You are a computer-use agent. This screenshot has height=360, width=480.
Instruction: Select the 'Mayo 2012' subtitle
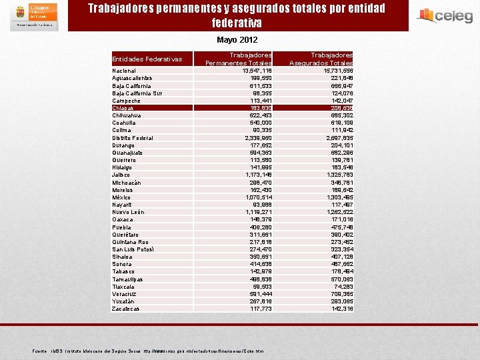[237, 40]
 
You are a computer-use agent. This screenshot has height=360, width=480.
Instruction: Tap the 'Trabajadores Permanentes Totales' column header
[238, 59]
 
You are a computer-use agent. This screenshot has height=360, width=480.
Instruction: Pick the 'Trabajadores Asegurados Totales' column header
[321, 59]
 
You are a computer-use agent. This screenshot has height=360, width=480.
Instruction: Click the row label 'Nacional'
[124, 71]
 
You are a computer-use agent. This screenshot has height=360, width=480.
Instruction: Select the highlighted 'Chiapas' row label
[123, 108]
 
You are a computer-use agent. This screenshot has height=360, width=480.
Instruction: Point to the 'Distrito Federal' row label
[133, 138]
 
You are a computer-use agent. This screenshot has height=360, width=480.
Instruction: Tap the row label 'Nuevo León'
[128, 212]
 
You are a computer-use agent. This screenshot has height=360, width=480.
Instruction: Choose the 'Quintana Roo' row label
[130, 242]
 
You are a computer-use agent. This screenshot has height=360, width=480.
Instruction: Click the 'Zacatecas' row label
[127, 309]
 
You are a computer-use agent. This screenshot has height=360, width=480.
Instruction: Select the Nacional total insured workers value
[338, 71]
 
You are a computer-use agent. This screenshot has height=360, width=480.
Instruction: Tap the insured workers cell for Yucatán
[341, 301]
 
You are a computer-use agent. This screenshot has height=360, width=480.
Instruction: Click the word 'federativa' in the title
[237, 23]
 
